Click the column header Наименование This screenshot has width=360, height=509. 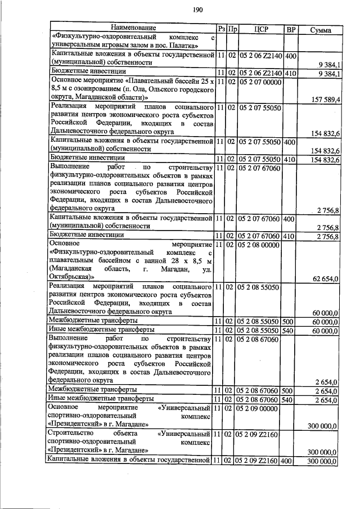(132, 27)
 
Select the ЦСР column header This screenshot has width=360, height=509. (260, 28)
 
